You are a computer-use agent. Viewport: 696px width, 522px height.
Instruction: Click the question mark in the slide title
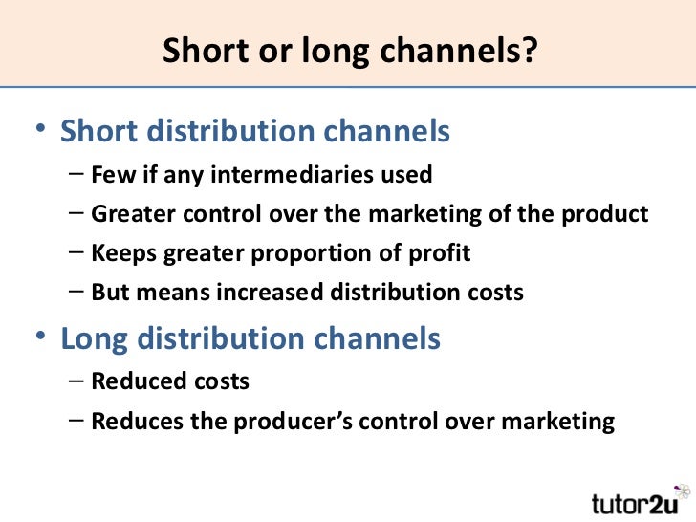pyautogui.click(x=524, y=53)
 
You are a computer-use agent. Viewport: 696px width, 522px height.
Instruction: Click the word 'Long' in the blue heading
pyautogui.click(x=97, y=338)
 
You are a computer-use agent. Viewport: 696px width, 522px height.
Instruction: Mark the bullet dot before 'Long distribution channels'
pyautogui.click(x=39, y=338)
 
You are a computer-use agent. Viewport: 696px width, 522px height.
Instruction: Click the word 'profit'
pyautogui.click(x=440, y=254)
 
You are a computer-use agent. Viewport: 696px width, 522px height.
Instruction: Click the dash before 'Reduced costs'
pyautogui.click(x=76, y=381)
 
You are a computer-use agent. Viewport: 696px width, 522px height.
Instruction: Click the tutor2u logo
pyautogui.click(x=634, y=501)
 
